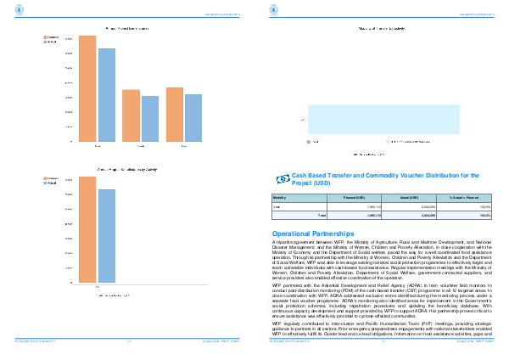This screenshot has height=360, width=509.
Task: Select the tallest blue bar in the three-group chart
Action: tap(105, 94)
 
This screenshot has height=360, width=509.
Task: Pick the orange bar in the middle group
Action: tap(131, 115)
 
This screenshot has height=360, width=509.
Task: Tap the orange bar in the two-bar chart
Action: tap(87, 229)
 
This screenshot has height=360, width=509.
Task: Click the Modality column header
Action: tap(279, 197)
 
